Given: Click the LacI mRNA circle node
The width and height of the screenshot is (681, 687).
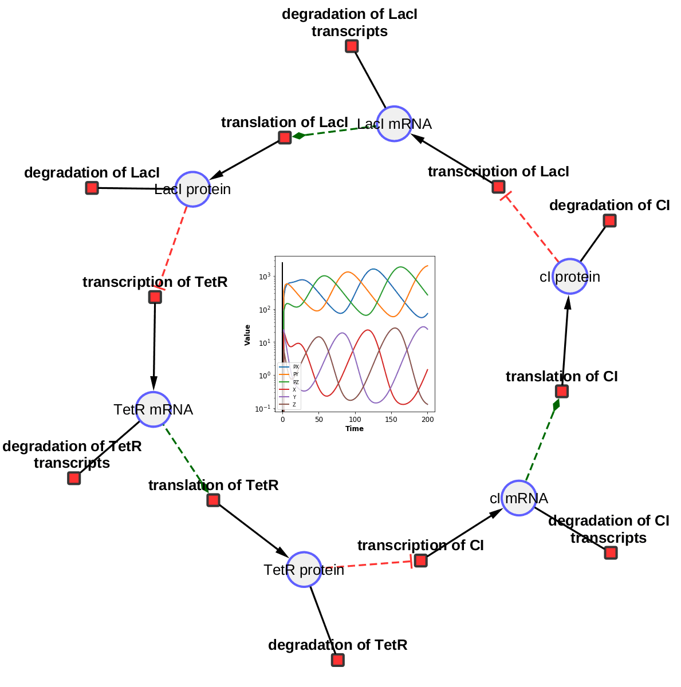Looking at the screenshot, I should (x=394, y=124).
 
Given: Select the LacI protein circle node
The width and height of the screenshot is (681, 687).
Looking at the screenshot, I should (x=192, y=189).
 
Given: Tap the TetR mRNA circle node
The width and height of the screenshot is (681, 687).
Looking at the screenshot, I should (x=153, y=409).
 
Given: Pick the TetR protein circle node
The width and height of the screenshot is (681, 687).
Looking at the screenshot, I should (x=304, y=570).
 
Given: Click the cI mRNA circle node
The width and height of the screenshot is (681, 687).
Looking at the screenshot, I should (x=519, y=498).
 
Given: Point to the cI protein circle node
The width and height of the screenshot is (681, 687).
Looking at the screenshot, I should (x=570, y=277).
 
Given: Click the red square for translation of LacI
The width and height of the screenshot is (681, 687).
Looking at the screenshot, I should (x=285, y=137).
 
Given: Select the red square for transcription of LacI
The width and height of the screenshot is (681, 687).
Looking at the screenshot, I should (x=498, y=187).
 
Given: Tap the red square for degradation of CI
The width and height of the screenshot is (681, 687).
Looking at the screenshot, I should (x=609, y=220).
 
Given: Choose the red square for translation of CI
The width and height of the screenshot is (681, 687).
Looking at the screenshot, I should (x=562, y=391).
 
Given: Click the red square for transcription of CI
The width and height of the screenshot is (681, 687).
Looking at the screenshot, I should (x=420, y=560).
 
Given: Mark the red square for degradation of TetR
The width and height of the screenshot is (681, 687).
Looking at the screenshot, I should (x=338, y=660).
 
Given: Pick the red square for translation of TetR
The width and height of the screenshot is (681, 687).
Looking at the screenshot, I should (x=213, y=500).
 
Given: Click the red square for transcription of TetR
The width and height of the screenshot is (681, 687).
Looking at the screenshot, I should (x=155, y=297).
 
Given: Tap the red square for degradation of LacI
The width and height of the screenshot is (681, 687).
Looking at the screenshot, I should (x=92, y=188).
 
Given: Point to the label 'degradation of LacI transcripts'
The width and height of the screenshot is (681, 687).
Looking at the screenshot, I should (x=349, y=23).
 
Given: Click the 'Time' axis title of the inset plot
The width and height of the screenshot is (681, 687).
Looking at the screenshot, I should (x=355, y=429).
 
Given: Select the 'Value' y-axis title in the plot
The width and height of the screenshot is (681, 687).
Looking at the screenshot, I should (x=247, y=335).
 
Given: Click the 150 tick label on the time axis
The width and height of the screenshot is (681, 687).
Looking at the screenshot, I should (x=391, y=420).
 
